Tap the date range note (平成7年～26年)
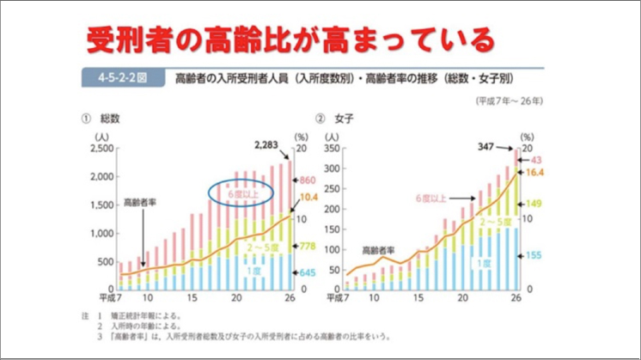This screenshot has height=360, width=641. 510,101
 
